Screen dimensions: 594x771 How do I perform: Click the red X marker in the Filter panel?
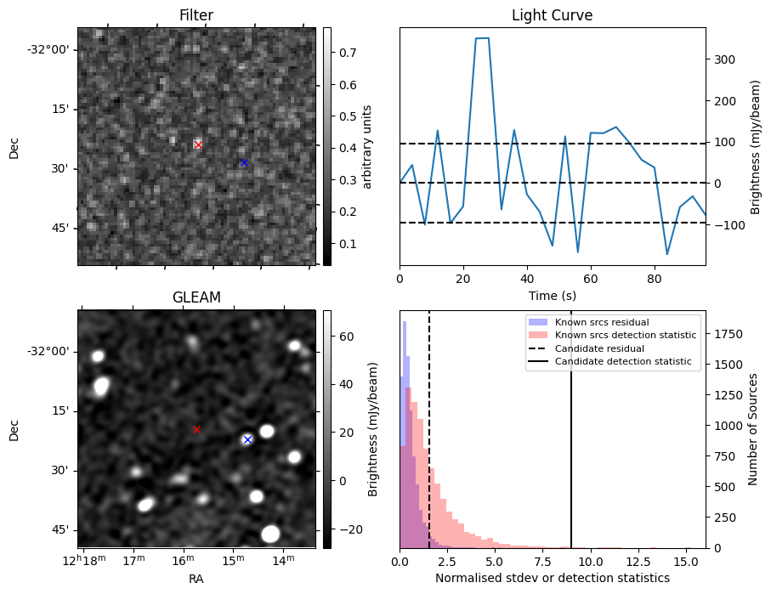[198, 145]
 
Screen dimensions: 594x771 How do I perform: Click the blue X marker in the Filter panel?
[243, 162]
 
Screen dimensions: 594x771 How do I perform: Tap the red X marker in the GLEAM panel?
[196, 430]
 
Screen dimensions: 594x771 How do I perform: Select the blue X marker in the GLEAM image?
[247, 439]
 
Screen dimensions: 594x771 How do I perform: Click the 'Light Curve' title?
[552, 16]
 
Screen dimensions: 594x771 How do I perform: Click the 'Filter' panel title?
[196, 16]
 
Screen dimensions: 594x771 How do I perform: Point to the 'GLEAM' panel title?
[196, 297]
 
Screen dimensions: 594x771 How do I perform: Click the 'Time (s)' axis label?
[552, 293]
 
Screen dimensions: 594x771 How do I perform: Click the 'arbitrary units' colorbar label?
[368, 146]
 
